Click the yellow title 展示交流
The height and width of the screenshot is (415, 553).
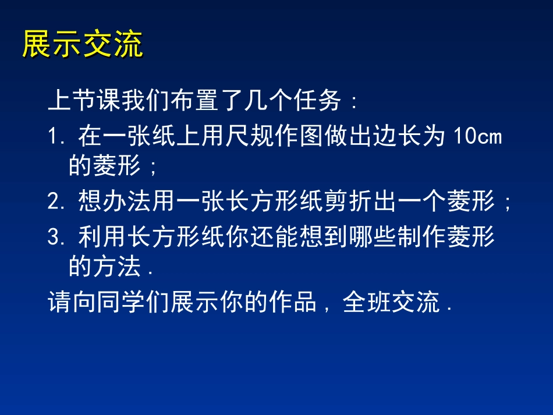[82, 45]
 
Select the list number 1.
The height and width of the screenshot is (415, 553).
[54, 137]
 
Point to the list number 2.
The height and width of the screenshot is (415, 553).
[54, 203]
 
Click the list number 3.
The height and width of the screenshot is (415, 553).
[54, 237]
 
